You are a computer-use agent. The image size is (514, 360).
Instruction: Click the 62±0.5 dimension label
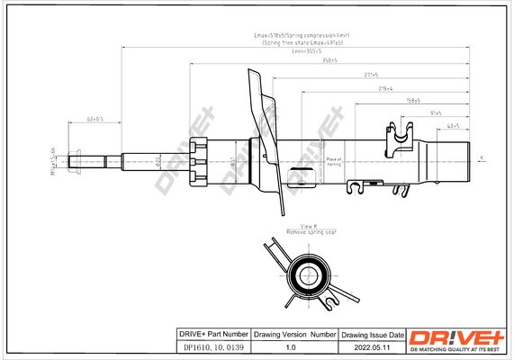(x=95, y=119)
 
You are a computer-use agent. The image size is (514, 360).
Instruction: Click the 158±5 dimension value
(x=415, y=101)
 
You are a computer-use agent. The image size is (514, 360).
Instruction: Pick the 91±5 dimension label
(x=436, y=113)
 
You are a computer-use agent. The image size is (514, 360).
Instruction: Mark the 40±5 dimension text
(x=454, y=126)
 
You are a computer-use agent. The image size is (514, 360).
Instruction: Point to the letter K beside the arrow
(x=481, y=157)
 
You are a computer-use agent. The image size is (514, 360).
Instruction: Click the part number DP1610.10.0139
(x=208, y=347)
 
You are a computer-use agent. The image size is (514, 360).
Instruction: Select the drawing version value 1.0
(x=291, y=347)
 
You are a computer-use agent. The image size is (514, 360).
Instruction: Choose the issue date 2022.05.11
(x=371, y=347)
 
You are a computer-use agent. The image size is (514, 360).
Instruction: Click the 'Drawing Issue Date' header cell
(x=371, y=334)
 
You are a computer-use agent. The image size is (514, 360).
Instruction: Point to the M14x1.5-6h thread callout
(x=54, y=161)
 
